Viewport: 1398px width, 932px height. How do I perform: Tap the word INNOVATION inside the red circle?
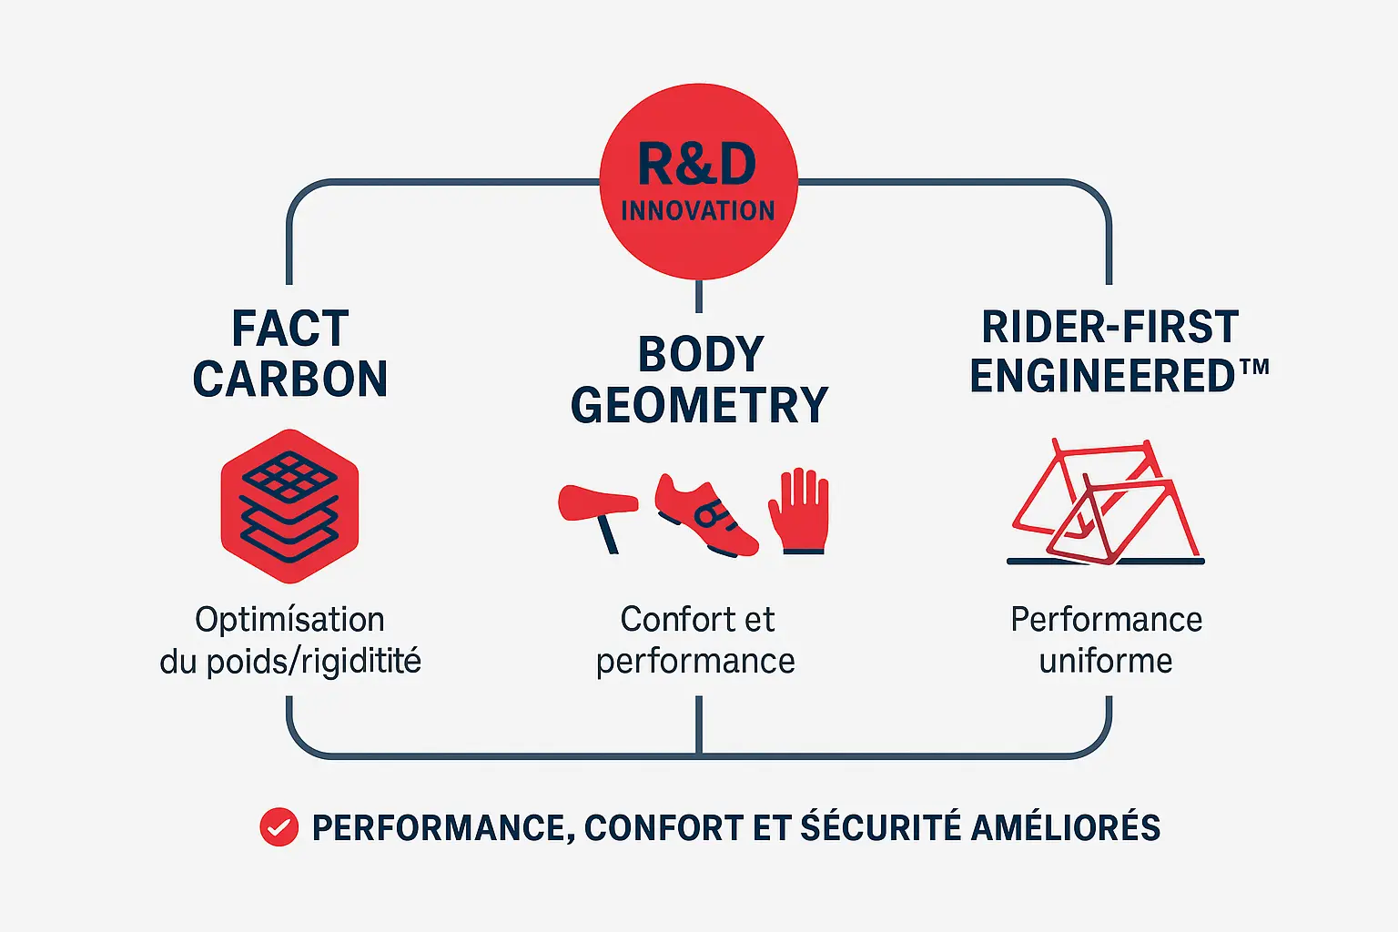click(698, 211)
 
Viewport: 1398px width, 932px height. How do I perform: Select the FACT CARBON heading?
click(290, 353)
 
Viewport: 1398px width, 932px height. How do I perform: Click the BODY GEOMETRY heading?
click(699, 380)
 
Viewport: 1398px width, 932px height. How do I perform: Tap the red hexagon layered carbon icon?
click(289, 506)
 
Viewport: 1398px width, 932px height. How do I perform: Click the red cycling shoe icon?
click(705, 514)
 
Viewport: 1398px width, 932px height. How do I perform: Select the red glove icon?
click(799, 511)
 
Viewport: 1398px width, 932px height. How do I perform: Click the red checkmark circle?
click(279, 827)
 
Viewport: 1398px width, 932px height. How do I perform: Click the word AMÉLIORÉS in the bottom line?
click(1066, 827)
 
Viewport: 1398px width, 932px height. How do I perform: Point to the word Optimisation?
click(289, 620)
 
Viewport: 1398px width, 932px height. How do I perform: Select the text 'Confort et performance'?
click(696, 640)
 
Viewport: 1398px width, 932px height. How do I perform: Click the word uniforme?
click(1106, 661)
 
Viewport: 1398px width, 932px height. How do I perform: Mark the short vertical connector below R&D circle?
click(698, 297)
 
